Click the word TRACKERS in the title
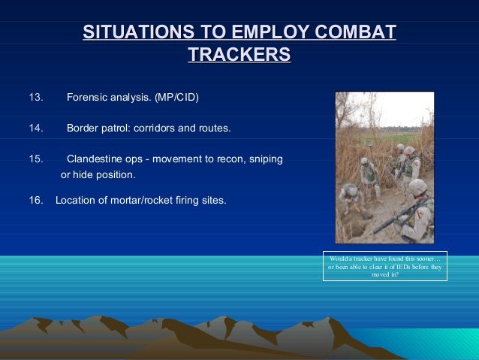click(x=239, y=55)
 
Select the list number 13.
click(x=36, y=98)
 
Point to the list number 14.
click(x=36, y=129)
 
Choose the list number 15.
click(x=36, y=159)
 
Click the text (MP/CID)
click(x=177, y=98)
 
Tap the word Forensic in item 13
click(x=87, y=98)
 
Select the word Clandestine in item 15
click(x=95, y=159)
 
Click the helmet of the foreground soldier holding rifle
click(x=417, y=186)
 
